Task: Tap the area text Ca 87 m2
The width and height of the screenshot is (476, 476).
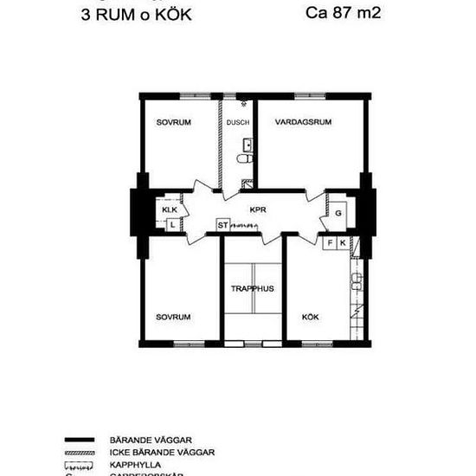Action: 344,13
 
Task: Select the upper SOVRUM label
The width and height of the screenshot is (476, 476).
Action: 173,123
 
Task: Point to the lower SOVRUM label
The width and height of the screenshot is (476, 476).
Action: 173,317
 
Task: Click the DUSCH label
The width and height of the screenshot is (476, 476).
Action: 238,123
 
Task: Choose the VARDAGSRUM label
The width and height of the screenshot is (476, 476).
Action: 303,123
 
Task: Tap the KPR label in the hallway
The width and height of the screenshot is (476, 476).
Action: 257,209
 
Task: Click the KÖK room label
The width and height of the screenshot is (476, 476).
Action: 310,317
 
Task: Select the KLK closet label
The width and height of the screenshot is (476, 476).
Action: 170,209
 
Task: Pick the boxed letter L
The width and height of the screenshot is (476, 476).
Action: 173,225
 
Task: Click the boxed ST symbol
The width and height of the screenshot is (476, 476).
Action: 222,226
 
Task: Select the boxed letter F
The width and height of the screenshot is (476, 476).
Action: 330,243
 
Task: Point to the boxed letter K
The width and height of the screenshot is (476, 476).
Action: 343,243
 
